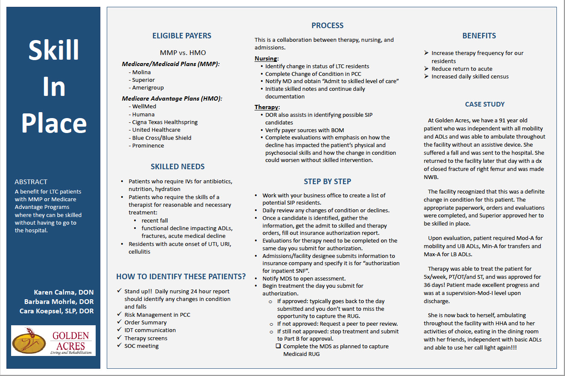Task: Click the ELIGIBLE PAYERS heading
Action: pos(182,36)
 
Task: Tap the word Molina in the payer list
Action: pos(141,72)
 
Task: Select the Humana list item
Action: pos(143,114)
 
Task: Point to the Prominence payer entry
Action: pos(148,145)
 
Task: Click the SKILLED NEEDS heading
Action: pos(177,167)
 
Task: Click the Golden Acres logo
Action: pos(53,340)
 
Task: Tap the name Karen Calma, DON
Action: pos(64,292)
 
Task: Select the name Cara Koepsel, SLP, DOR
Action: pos(56,311)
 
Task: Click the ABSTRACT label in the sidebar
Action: pos(31,182)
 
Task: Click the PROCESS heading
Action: pos(327,26)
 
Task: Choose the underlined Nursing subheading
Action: pos(266,58)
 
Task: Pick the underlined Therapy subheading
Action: pos(267,107)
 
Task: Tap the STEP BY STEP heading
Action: pos(327,181)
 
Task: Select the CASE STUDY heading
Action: pos(485,104)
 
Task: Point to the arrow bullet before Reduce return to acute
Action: pos(426,69)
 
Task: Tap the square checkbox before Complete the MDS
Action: pos(278,346)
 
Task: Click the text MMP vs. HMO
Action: pos(183,53)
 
